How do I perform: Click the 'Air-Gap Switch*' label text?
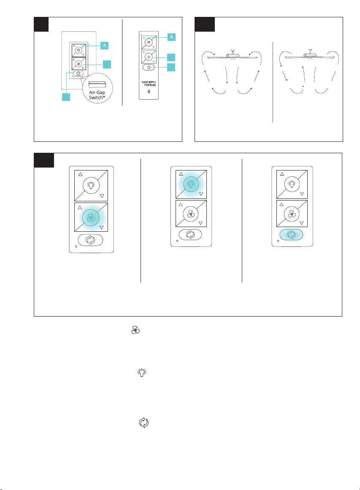pos(97,95)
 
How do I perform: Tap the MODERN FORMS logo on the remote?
pos(149,84)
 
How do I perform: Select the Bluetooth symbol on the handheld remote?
pos(149,92)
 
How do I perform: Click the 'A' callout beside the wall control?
pos(104,46)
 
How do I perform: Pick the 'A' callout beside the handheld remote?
pos(171,37)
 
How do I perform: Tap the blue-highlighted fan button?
pos(91,217)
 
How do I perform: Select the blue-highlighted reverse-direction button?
pos(291,235)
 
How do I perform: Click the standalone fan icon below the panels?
pos(135,330)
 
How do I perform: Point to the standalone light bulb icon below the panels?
pos(142,372)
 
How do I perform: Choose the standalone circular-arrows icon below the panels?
pos(144,423)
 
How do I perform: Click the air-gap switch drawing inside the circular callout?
pos(97,84)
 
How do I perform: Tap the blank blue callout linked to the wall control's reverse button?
pos(66,97)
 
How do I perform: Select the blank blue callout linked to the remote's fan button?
pos(171,57)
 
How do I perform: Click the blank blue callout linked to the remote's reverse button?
pos(171,67)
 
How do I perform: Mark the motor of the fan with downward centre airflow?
pos(232,56)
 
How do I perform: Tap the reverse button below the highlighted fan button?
pos(90,240)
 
